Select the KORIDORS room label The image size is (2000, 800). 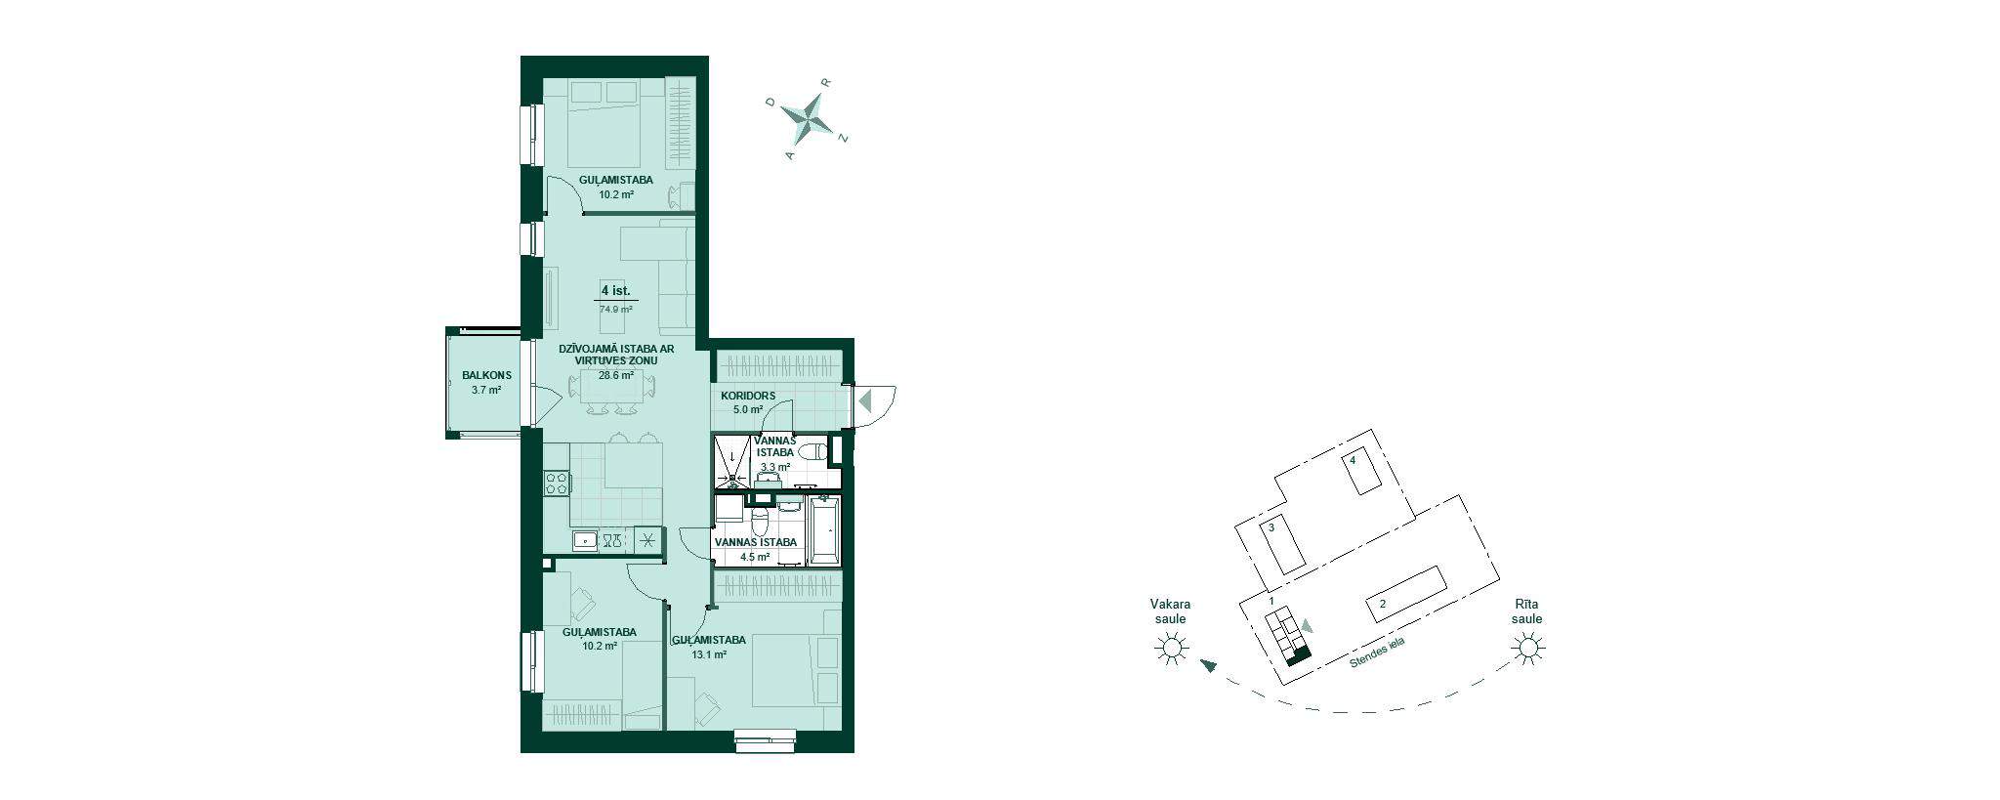(748, 396)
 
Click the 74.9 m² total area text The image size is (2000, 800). (616, 309)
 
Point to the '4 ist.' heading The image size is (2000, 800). (616, 290)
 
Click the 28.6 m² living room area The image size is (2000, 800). (616, 375)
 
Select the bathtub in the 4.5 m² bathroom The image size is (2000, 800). (825, 528)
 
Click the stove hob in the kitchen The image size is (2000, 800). (558, 482)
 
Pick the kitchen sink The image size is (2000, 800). (585, 539)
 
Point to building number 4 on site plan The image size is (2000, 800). (1354, 460)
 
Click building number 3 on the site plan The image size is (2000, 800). (1271, 527)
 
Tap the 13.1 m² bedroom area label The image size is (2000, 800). (708, 655)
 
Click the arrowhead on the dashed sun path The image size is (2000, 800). (1209, 666)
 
